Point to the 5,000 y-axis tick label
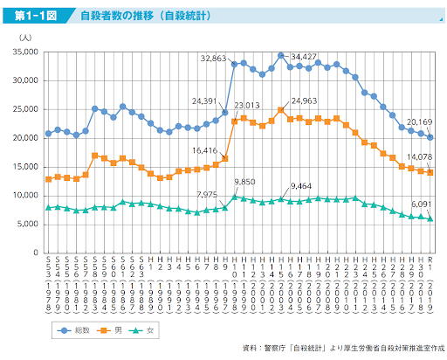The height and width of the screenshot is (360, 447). [25, 224]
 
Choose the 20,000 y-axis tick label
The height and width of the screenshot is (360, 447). [23, 138]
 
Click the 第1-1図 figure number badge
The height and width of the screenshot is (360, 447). [32, 16]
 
